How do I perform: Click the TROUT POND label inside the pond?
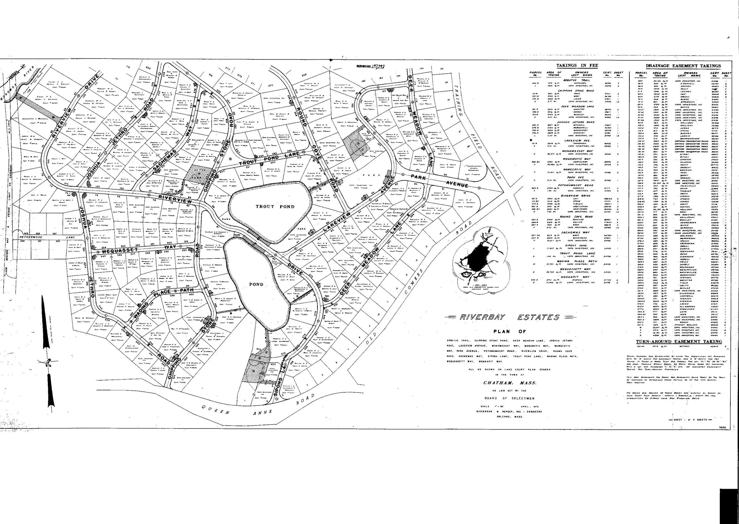click(x=275, y=206)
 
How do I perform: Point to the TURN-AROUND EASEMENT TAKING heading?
click(x=679, y=341)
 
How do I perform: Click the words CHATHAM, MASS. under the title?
click(x=509, y=383)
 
